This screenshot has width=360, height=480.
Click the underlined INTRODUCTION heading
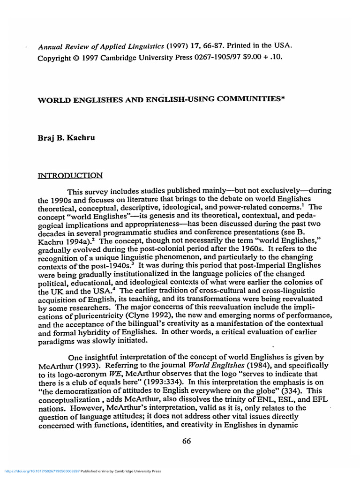[70, 176]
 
